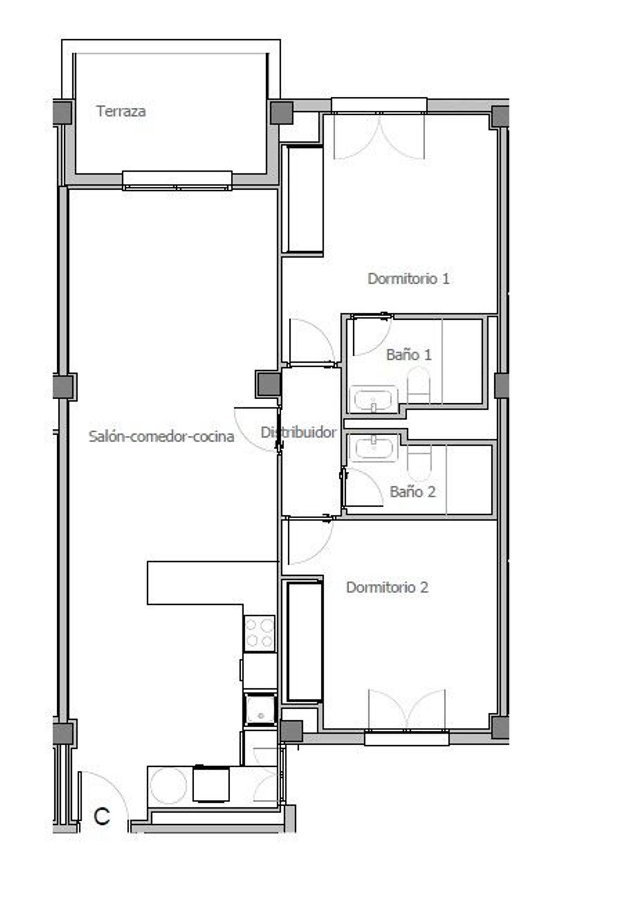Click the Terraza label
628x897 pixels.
coord(121,111)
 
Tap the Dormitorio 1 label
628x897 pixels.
coord(409,279)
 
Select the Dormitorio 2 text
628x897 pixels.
coord(387,587)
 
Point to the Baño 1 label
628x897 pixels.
coord(409,355)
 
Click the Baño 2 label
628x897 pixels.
coord(412,491)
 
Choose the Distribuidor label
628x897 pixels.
coord(299,432)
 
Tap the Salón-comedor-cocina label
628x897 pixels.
coord(161,437)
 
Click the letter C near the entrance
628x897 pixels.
coord(102,816)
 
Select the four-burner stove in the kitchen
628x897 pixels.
coord(260,633)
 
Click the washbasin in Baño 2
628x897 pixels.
coord(373,448)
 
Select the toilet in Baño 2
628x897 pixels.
coord(419,463)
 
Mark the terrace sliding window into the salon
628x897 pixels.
coord(177,181)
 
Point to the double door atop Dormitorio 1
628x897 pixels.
coord(379,136)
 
